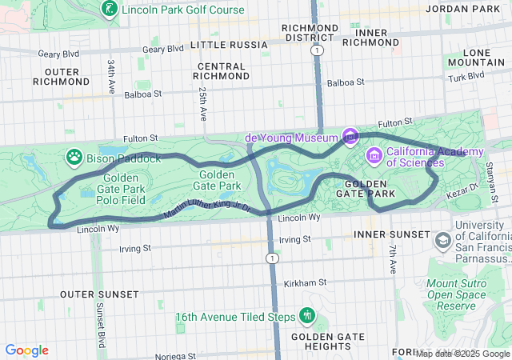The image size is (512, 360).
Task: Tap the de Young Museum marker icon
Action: [350, 138]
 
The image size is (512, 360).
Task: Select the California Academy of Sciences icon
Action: [373, 154]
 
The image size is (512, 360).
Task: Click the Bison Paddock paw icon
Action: [74, 157]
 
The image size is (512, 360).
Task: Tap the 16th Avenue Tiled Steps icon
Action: [306, 315]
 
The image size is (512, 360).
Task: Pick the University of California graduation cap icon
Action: [442, 240]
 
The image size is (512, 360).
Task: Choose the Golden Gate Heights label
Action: [321, 341]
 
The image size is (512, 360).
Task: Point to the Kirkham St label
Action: [305, 282]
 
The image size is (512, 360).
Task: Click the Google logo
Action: [26, 350]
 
